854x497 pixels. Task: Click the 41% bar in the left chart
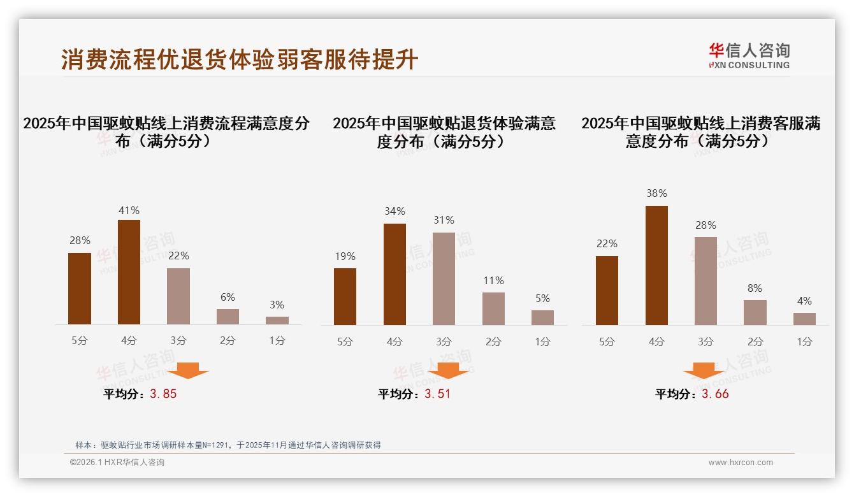pos(129,272)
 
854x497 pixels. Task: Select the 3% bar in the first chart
pos(277,321)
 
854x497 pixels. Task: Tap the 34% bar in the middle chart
pos(394,274)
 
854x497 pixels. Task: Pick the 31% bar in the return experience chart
pos(444,278)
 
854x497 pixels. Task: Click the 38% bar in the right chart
pos(656,265)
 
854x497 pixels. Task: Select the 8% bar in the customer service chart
pos(755,312)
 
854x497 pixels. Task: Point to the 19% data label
pos(345,256)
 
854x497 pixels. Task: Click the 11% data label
pos(493,280)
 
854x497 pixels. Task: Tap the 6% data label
pos(228,297)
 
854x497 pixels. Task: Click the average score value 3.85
pos(163,394)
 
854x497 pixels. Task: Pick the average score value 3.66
pos(715,394)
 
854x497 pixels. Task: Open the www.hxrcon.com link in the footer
pos(741,463)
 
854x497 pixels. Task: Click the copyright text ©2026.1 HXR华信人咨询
pos(117,463)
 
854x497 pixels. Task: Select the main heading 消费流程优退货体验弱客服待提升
pos(240,60)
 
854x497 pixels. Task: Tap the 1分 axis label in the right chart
pos(804,342)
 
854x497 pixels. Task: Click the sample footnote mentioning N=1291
pos(228,445)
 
